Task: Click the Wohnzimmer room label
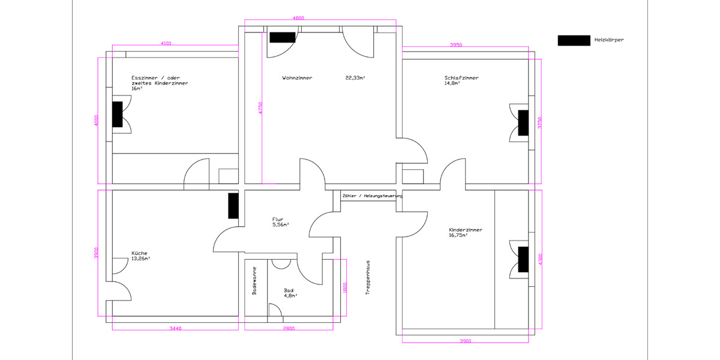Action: [x=297, y=78]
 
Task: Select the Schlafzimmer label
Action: [x=461, y=78]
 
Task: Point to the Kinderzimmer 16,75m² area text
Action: [x=458, y=236]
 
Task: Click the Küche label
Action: [x=139, y=253]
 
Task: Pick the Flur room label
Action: [x=277, y=220]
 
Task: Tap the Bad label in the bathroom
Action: [x=289, y=290]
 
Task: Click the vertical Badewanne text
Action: [x=254, y=281]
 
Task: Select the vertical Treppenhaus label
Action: [x=367, y=277]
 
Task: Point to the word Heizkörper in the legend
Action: [x=610, y=40]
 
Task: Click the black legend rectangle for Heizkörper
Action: [x=574, y=40]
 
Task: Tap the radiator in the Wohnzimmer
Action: [x=282, y=37]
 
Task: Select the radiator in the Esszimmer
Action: [x=117, y=114]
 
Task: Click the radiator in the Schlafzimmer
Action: [x=523, y=122]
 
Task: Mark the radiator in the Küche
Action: [x=233, y=206]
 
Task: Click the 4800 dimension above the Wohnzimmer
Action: [x=298, y=19]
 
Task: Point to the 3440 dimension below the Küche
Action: [x=175, y=328]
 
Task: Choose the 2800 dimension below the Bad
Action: [x=289, y=328]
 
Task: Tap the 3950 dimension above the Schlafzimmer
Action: [x=456, y=45]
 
